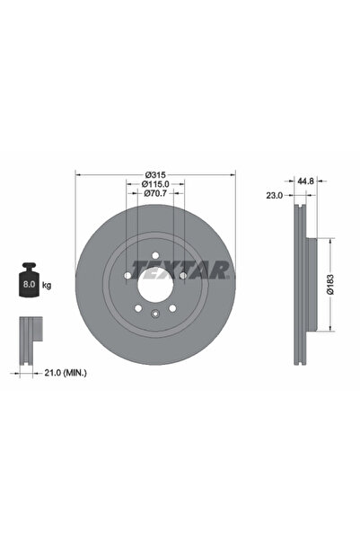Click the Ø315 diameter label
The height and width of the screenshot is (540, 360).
tap(155, 174)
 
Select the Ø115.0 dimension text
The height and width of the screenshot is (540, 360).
tap(155, 184)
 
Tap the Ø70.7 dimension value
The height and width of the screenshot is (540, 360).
tap(155, 193)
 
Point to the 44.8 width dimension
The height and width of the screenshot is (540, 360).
tap(306, 181)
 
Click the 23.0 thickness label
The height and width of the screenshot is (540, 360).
tap(275, 196)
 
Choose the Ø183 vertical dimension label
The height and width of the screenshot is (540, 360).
tap(330, 285)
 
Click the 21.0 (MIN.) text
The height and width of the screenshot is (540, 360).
tap(66, 373)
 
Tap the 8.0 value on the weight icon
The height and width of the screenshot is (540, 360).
tap(29, 285)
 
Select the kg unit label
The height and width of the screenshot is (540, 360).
tap(47, 285)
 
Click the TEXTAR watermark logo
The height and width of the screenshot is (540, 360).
tap(180, 270)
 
